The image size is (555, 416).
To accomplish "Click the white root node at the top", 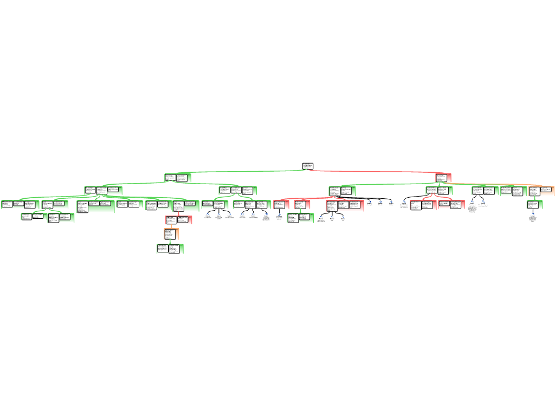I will (x=307, y=166).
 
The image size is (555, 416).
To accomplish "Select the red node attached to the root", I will (x=443, y=178).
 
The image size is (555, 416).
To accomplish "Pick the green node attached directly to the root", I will (x=178, y=178).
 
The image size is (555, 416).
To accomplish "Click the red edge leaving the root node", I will (x=374, y=172).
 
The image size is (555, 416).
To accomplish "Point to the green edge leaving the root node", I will (x=244, y=172).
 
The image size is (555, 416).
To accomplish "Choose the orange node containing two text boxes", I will (x=541, y=191).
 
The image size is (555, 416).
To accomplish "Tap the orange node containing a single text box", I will (x=171, y=233).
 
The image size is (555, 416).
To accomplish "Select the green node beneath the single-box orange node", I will (x=170, y=249).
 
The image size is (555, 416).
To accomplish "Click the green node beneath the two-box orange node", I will (x=534, y=204).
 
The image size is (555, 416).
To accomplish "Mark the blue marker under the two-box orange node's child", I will (x=533, y=214).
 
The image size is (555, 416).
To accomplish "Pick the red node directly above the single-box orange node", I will (x=178, y=220).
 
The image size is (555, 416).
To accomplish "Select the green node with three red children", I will (x=342, y=191).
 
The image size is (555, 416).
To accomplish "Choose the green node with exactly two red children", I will (x=438, y=191).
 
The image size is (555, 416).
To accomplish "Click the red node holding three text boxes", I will (x=345, y=205).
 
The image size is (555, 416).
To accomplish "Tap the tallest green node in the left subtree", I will (x=95, y=206).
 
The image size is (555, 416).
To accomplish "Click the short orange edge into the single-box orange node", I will (x=172, y=226).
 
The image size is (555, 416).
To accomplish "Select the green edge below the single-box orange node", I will (x=170, y=242).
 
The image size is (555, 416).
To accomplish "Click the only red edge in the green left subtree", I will (x=178, y=213).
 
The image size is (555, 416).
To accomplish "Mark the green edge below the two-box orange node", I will (x=535, y=198).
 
